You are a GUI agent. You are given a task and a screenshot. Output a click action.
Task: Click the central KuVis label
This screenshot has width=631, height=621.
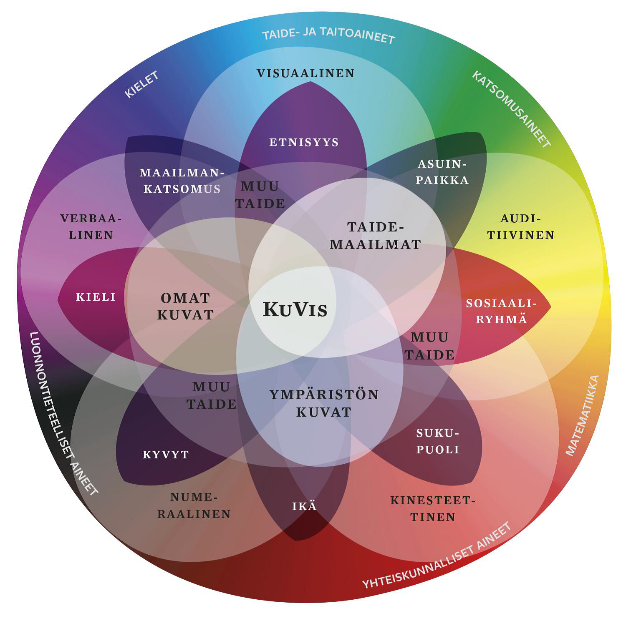click(x=295, y=309)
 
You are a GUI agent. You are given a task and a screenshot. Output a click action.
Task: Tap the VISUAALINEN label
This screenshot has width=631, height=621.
click(x=305, y=73)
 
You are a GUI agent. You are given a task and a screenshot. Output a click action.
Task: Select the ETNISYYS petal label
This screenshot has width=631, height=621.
click(x=304, y=142)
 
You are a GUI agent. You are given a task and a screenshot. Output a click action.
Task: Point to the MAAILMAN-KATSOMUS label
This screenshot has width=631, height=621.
click(x=182, y=181)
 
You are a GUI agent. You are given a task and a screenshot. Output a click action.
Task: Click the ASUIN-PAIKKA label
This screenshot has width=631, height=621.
click(x=442, y=172)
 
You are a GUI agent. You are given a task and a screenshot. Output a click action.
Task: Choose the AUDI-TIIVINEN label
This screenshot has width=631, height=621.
click(x=521, y=226)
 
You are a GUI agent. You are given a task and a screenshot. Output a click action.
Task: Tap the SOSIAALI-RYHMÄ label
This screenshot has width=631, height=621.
click(x=501, y=311)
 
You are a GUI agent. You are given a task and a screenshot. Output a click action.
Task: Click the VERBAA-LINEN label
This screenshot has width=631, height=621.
click(x=91, y=226)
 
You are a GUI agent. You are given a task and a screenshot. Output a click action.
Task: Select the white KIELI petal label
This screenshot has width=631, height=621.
click(x=96, y=297)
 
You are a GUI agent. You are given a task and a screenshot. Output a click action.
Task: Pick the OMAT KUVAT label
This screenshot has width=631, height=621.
click(x=185, y=306)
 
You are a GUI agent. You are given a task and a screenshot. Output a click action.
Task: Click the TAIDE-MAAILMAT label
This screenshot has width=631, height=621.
click(x=375, y=236)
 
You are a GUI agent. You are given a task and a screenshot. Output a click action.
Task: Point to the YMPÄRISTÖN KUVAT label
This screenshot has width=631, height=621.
click(x=324, y=403)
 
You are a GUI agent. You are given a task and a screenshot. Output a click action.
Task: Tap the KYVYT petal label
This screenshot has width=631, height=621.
click(x=166, y=455)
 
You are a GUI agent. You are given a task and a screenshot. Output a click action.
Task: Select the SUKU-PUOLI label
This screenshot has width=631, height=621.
click(x=438, y=441)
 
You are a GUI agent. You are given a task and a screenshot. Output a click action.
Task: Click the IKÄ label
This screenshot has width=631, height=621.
click(x=304, y=506)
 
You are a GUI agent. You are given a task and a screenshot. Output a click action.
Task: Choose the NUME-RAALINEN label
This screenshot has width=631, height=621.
click(x=194, y=505)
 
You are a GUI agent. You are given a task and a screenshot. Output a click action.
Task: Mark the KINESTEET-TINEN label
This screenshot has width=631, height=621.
click(x=433, y=508)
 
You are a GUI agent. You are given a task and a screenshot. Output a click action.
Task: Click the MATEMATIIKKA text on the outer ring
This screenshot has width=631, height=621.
click(x=583, y=415)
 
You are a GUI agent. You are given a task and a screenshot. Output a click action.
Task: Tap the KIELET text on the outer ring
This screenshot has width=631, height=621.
click(x=142, y=85)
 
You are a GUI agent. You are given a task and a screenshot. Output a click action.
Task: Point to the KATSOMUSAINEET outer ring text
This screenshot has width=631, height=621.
click(x=511, y=109)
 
